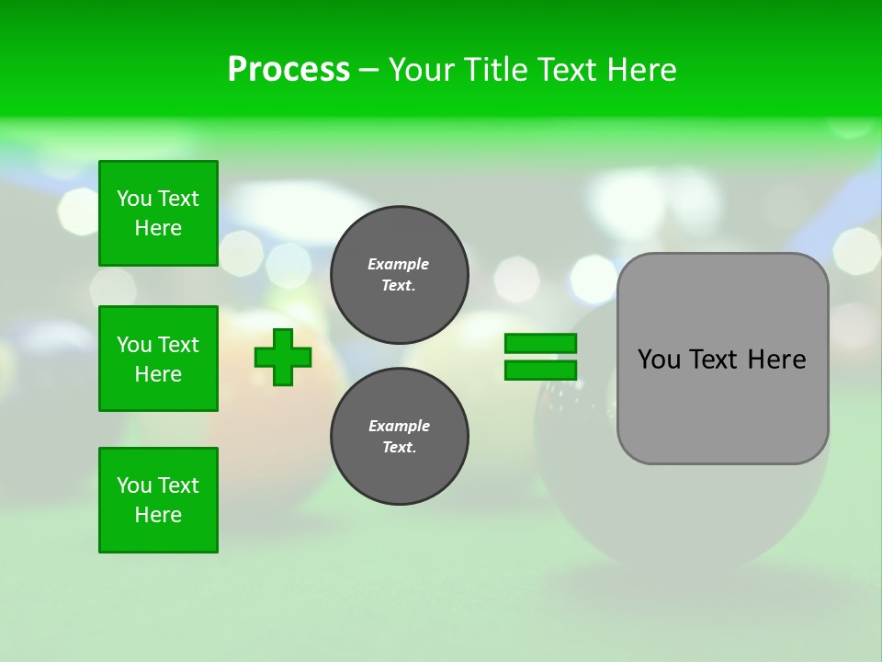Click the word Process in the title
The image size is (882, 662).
coord(288,70)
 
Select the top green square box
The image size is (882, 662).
coord(158,213)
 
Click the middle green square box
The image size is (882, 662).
coord(158,359)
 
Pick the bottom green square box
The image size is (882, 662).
coord(158,500)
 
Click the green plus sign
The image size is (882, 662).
coord(283,357)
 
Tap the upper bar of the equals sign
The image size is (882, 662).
coord(540,344)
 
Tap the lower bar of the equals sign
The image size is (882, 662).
coord(540,370)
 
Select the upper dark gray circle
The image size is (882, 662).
coord(399,275)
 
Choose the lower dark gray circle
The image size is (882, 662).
coord(399,437)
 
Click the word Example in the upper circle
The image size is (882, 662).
coord(399,264)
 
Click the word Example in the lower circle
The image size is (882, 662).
coord(399,426)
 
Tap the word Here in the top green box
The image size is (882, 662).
coord(158,228)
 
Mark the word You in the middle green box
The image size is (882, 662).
coord(134,345)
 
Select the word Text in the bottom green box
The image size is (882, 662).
coord(177,485)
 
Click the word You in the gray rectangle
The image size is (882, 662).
coord(659,360)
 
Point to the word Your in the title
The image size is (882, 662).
coord(421,70)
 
